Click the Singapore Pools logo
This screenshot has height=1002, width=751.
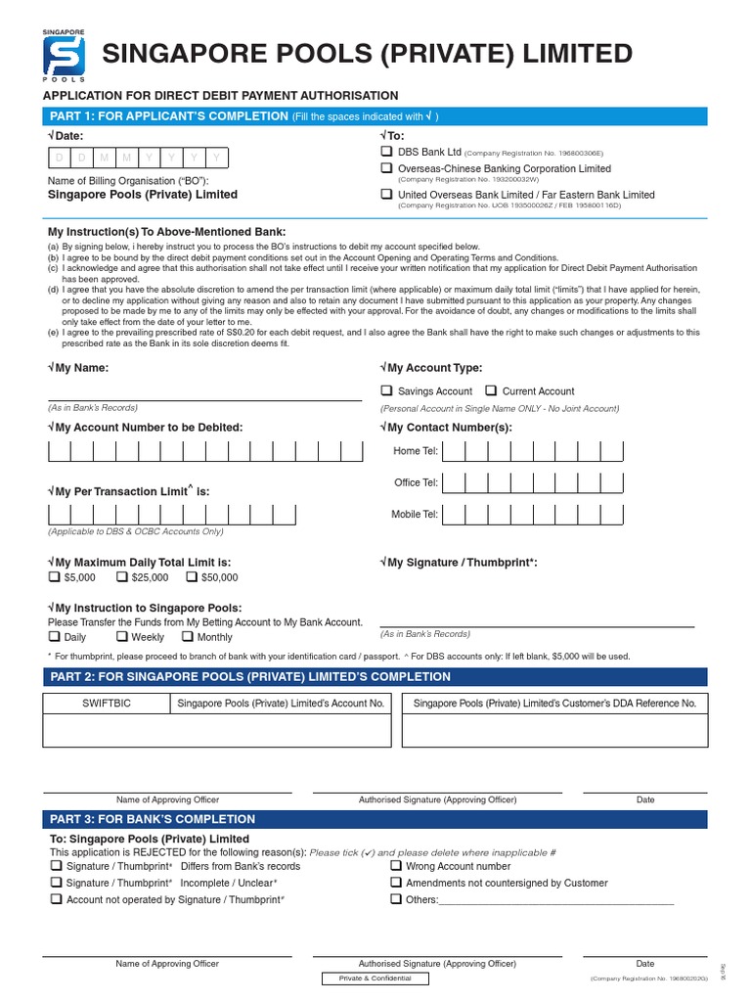(x=64, y=55)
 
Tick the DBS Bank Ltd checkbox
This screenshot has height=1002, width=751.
(x=386, y=152)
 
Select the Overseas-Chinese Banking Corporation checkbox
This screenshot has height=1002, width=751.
(x=386, y=168)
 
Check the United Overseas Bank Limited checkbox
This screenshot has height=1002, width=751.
(x=386, y=195)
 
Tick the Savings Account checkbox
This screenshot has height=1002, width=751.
(x=386, y=390)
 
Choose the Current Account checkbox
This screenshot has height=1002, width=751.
(x=491, y=390)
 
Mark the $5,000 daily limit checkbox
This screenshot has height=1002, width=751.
(x=54, y=577)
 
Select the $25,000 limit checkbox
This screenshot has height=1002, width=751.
(x=122, y=577)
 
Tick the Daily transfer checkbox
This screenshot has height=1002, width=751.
(x=54, y=637)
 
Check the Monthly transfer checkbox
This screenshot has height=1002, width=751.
(x=187, y=637)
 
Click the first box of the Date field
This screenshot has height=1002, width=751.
(x=59, y=158)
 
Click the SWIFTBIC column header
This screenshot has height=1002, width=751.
(x=105, y=704)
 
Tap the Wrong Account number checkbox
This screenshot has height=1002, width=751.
(x=396, y=866)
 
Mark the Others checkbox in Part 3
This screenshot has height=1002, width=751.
(x=396, y=899)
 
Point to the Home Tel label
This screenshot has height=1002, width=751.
(x=415, y=451)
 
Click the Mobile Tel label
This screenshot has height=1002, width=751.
(x=415, y=514)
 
